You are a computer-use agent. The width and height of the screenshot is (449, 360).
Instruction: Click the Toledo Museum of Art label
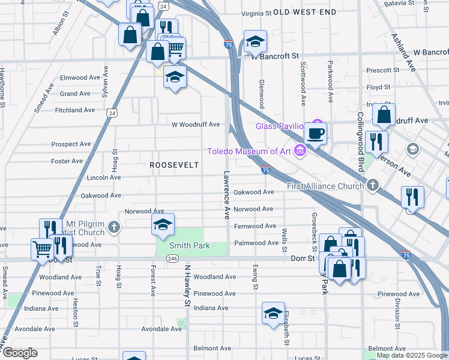tap(249, 151)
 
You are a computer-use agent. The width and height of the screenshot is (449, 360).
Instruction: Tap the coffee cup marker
tap(316, 133)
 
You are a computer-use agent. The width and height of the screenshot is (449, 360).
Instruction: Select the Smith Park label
tap(181, 245)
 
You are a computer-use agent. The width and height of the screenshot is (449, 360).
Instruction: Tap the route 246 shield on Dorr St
tap(172, 259)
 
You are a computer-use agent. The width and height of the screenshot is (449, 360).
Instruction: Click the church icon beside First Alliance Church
tap(373, 185)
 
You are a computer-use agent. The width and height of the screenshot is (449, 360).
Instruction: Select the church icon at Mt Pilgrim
tap(114, 227)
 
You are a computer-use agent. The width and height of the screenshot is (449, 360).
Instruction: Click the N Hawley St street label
tap(187, 286)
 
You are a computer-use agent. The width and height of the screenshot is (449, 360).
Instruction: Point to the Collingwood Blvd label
tap(361, 142)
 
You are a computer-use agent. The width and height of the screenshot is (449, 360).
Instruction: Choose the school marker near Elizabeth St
tap(273, 313)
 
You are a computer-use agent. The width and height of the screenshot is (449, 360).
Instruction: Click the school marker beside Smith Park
tap(163, 224)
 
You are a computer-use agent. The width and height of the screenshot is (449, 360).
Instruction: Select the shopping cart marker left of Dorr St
tap(42, 248)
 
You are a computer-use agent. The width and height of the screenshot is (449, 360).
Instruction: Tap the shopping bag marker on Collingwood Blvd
tap(385, 113)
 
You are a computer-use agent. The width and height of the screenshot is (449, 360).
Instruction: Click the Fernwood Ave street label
tap(255, 226)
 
